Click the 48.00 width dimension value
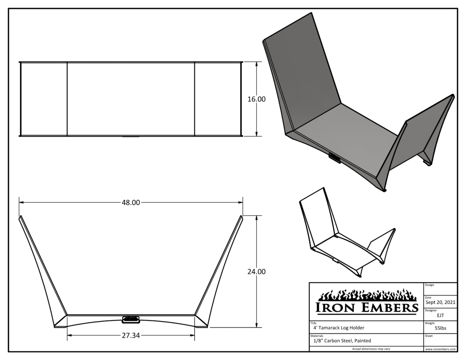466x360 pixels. [x=131, y=203]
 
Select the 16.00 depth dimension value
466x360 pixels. [x=256, y=99]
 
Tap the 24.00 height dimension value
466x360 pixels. [x=256, y=272]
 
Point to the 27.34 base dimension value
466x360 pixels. [x=131, y=335]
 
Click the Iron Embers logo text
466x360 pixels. [x=367, y=308]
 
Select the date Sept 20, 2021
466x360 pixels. [x=440, y=301]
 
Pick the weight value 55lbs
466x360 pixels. [x=440, y=327]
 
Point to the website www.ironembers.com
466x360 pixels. [x=440, y=349]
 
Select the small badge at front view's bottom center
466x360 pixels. [x=131, y=319]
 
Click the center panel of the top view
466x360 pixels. [x=131, y=99]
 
